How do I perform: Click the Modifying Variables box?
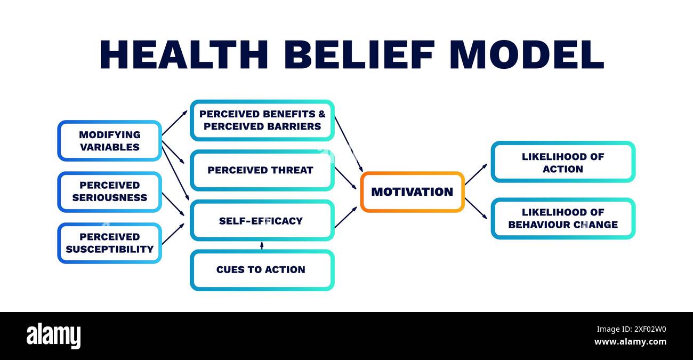[x=109, y=141]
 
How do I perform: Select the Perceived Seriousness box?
[x=109, y=191]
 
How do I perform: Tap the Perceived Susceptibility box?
[x=109, y=243]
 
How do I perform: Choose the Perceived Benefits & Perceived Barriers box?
[x=262, y=120]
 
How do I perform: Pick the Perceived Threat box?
[x=262, y=170]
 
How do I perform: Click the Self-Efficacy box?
[x=262, y=220]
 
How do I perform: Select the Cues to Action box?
[x=262, y=270]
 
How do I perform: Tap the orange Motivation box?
[x=412, y=192]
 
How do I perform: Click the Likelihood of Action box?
[x=563, y=162]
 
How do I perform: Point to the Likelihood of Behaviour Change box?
[x=563, y=219]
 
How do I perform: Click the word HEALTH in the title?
[x=184, y=54]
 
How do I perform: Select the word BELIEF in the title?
[x=358, y=54]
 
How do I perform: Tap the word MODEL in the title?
[x=526, y=54]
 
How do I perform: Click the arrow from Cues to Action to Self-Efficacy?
[x=262, y=245]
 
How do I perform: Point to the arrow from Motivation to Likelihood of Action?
[x=476, y=174]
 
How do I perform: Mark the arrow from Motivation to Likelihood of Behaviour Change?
[x=476, y=208]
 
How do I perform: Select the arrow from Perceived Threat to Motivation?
[x=346, y=178]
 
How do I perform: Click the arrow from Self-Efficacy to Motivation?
[x=346, y=217]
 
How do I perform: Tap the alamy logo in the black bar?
[x=53, y=336]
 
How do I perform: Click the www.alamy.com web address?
[x=630, y=342]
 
